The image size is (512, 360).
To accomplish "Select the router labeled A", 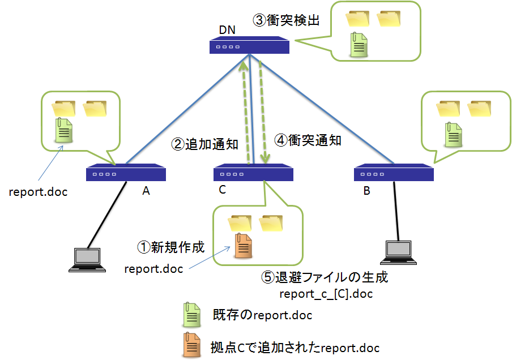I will (x=126, y=173).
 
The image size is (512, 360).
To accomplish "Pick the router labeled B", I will (x=394, y=173).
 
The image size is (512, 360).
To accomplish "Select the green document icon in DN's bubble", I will (x=359, y=45).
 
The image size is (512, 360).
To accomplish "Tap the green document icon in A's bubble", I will (x=62, y=130).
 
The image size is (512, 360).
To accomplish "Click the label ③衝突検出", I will (x=286, y=21).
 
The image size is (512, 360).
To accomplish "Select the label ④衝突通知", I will (x=308, y=140).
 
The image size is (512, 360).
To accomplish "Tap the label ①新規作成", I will (x=171, y=247).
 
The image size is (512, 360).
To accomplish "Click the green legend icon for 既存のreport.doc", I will (x=191, y=315).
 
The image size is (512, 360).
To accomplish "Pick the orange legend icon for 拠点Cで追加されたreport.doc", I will (x=191, y=345).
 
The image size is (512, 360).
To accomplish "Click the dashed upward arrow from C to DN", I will (x=245, y=113).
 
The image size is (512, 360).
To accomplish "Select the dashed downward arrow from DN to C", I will (x=262, y=113).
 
